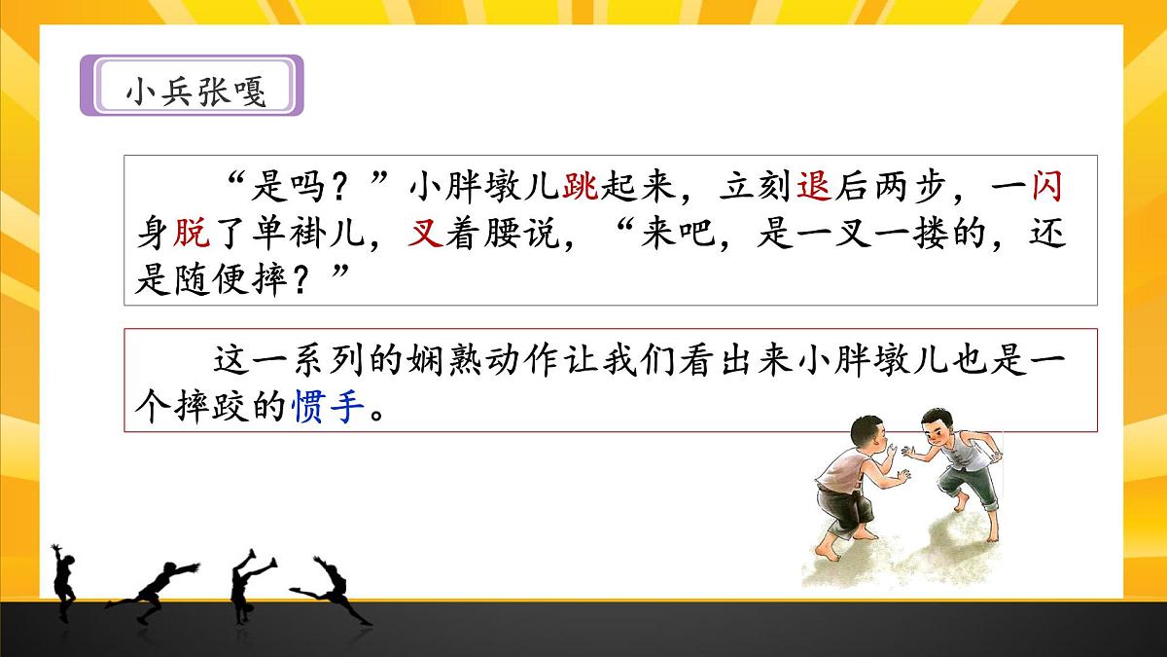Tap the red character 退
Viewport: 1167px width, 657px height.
(x=813, y=185)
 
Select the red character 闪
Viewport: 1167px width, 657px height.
(x=1046, y=185)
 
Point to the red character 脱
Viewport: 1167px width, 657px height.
(x=192, y=233)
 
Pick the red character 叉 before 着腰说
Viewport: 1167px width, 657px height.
(x=425, y=234)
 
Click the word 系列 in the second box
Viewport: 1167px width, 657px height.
(x=308, y=360)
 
